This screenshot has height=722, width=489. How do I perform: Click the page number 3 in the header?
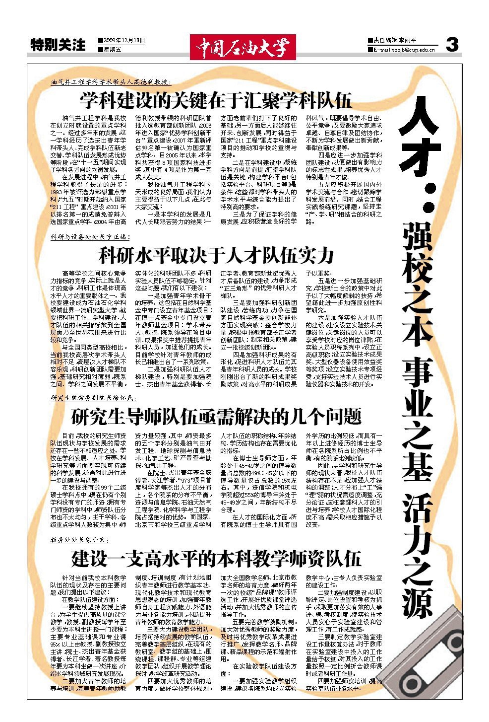pos(452,45)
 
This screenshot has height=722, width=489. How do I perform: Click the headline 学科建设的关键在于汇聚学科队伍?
pos(216,100)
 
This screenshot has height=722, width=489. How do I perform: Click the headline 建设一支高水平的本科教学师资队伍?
pos(216,559)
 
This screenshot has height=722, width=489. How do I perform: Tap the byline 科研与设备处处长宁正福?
pos(90,237)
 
